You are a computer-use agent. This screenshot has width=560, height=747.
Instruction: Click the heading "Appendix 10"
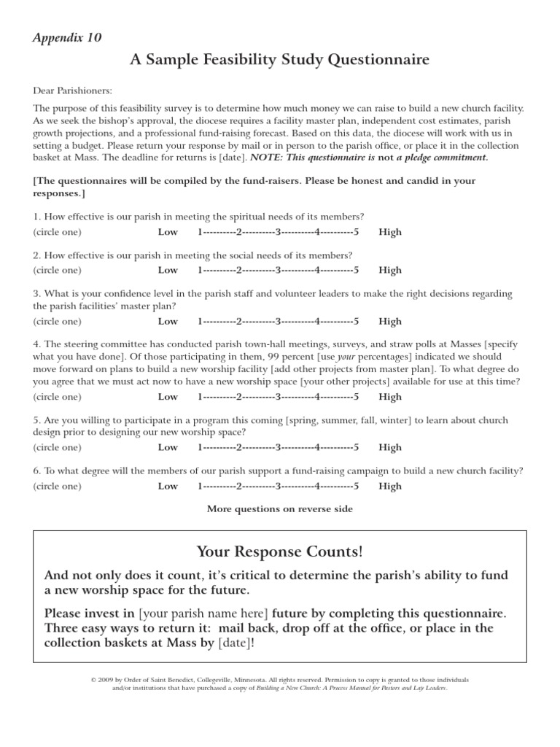(x=67, y=37)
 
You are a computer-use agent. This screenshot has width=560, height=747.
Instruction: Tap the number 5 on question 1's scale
(x=356, y=232)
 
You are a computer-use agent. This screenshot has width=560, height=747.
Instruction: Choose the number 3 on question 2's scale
(x=278, y=270)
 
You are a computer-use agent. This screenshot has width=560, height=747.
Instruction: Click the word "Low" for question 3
(x=168, y=321)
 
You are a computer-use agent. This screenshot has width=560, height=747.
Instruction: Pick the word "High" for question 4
(x=390, y=397)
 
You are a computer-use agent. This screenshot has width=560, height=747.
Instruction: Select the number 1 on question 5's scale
(x=200, y=447)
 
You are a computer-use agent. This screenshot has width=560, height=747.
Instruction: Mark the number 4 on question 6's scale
(x=317, y=486)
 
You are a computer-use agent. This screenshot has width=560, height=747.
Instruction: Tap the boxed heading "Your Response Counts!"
(x=279, y=553)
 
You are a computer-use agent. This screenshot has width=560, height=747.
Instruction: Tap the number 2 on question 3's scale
(x=238, y=321)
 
